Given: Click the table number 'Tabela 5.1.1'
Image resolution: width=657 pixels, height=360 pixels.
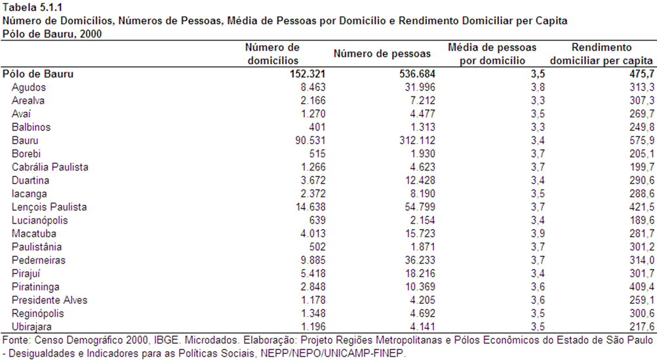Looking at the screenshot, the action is click(32, 7).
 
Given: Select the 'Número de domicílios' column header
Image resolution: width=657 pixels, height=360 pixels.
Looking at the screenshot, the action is click(273, 54).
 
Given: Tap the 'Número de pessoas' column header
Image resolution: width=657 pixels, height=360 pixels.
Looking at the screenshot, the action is click(382, 54).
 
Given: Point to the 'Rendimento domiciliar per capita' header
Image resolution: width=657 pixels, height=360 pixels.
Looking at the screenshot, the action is click(601, 54).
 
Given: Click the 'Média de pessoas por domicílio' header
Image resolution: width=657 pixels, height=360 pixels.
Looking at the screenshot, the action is click(492, 54).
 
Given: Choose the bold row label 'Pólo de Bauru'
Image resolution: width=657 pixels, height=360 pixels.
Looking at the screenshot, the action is click(38, 74).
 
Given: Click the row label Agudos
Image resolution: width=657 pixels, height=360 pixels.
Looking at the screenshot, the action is click(28, 88).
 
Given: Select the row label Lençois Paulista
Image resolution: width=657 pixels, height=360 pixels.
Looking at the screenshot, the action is click(49, 207).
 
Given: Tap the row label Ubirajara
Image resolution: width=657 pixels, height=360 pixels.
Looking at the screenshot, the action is click(31, 327).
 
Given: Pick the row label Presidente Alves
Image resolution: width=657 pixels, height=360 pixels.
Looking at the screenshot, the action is click(49, 300).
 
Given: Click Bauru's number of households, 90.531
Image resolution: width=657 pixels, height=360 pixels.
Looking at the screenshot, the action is click(310, 140).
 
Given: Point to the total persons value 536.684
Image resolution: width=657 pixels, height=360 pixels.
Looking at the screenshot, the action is click(417, 74).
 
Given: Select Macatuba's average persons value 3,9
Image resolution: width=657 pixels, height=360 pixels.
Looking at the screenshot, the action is click(538, 234).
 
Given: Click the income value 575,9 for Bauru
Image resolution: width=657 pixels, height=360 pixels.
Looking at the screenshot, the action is click(641, 140).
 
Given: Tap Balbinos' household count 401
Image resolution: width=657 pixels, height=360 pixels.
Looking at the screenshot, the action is click(317, 127).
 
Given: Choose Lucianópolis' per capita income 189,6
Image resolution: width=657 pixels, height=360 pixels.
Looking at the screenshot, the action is click(641, 220).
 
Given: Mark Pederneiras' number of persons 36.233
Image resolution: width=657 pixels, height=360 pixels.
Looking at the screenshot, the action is click(420, 260).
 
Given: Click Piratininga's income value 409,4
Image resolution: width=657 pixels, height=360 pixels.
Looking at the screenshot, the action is click(641, 287).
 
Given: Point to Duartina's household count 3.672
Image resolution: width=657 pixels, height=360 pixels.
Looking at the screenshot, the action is click(313, 180).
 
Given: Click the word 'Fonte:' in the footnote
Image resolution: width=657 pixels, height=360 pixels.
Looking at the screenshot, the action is click(16, 340).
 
